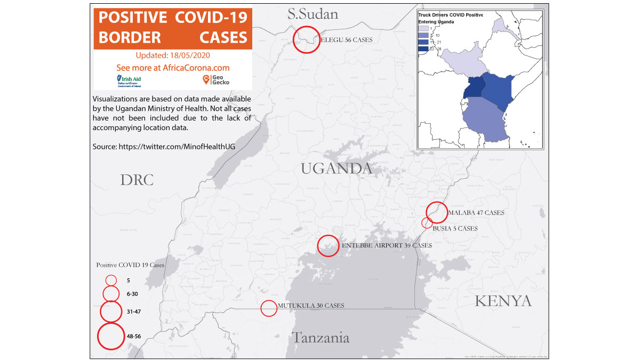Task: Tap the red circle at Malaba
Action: coord(437,212)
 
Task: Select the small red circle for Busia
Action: coord(427,223)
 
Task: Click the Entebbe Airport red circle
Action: coord(328,246)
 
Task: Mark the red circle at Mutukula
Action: coord(269,308)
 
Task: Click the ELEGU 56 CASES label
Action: coord(346,40)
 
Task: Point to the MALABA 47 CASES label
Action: coord(476,213)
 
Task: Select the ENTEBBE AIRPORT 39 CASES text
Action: coord(386,246)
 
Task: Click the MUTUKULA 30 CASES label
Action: coord(311,306)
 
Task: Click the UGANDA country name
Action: coord(336,169)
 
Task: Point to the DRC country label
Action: coord(137,180)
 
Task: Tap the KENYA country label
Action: coord(503,301)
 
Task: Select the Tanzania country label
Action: coord(320,338)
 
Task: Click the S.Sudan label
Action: coord(313,14)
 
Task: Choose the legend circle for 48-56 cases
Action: coord(111,337)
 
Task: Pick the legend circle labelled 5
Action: coord(111,280)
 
